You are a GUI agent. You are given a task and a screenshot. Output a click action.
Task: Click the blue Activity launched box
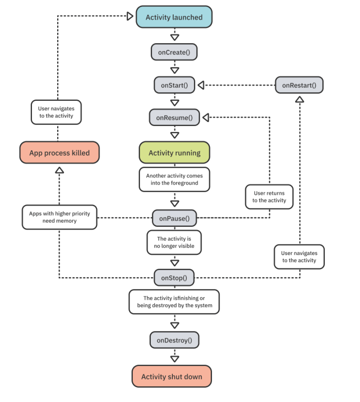(x=174, y=17)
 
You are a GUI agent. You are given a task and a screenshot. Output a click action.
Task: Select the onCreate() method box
(x=174, y=52)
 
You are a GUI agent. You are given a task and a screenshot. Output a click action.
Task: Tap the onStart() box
(x=174, y=85)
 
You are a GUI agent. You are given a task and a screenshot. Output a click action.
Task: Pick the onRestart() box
(x=299, y=85)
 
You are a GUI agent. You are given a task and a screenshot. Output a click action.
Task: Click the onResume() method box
(x=174, y=117)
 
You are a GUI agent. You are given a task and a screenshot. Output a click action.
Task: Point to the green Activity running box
(x=174, y=153)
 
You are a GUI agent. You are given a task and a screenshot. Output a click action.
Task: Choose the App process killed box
(x=59, y=153)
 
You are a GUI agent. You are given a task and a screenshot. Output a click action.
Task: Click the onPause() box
(x=174, y=218)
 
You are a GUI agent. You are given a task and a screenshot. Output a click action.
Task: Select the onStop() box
(x=174, y=278)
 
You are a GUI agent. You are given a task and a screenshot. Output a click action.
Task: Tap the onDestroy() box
(x=174, y=340)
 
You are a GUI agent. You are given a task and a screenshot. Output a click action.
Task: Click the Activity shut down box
(x=171, y=376)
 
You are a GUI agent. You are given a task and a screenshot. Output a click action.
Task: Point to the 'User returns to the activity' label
(x=269, y=197)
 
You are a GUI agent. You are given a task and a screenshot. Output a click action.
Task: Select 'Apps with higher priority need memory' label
(x=59, y=217)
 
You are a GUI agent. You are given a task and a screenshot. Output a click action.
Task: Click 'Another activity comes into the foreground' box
(x=174, y=179)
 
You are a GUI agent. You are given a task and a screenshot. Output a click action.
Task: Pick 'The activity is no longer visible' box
(x=174, y=242)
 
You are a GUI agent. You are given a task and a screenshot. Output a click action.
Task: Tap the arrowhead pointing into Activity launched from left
(x=130, y=16)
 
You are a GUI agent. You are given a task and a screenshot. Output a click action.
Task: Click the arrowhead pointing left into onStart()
(x=201, y=85)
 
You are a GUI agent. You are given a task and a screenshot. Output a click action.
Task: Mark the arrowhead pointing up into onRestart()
(x=300, y=99)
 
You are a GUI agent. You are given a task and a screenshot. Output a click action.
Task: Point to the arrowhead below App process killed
(x=59, y=170)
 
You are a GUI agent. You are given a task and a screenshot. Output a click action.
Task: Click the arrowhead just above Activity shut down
(x=175, y=359)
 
